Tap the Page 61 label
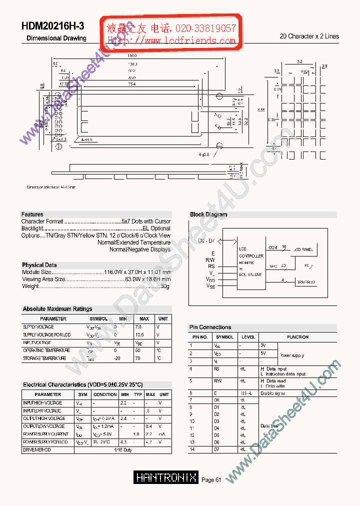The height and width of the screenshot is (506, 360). pyautogui.click(x=211, y=480)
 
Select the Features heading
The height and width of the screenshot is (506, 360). pyautogui.click(x=32, y=214)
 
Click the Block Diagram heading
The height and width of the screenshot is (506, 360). pyautogui.click(x=208, y=214)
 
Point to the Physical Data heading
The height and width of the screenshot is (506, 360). pyautogui.click(x=39, y=265)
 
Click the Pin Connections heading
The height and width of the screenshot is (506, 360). pyautogui.click(x=210, y=327)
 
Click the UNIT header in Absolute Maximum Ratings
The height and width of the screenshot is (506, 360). pyautogui.click(x=163, y=318)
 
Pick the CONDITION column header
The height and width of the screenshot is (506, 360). pyautogui.click(x=105, y=394)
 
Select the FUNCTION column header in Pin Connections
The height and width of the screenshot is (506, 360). pyautogui.click(x=297, y=337)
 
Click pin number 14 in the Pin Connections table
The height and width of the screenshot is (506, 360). pyautogui.click(x=191, y=450)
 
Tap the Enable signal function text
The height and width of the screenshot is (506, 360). pyautogui.click(x=272, y=393)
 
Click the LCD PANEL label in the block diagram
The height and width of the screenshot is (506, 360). pyautogui.click(x=304, y=249)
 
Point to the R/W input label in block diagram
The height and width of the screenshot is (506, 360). pyautogui.click(x=210, y=260)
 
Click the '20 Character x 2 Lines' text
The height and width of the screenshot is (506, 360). pyautogui.click(x=309, y=36)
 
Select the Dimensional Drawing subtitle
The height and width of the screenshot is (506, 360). pyautogui.click(x=56, y=38)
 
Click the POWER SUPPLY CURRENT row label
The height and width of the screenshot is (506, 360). pyautogui.click(x=46, y=434)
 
